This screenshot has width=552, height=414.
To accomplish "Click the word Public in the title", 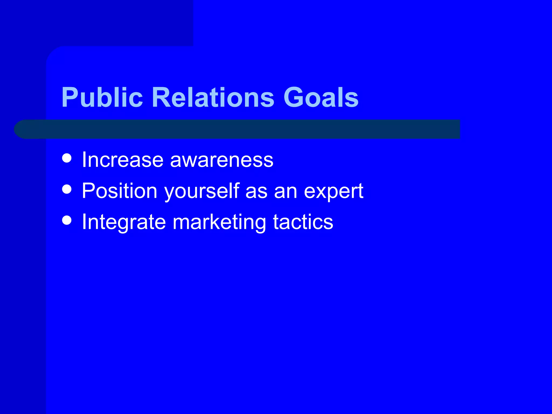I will [102, 98].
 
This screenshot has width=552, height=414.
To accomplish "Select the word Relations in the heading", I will [213, 98].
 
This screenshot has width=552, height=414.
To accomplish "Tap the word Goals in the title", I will [321, 98].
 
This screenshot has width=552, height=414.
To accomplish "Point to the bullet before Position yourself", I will [67, 189].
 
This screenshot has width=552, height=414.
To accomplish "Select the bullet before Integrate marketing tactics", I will [67, 220].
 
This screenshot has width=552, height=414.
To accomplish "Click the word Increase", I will [123, 160].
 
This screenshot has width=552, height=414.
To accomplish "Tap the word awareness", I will [222, 160].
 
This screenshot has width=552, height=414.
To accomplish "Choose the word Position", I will [120, 191].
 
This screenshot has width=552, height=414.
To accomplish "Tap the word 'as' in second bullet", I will [256, 192].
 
